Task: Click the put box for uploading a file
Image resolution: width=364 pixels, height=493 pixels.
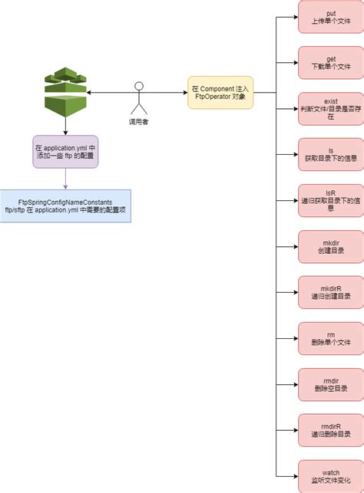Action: click(330, 17)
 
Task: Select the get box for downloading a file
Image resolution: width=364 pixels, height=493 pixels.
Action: click(330, 63)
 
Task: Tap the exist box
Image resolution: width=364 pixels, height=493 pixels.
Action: click(330, 110)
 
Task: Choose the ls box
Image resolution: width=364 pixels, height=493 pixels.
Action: click(330, 156)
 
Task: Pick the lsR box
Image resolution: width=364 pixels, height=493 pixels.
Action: click(330, 202)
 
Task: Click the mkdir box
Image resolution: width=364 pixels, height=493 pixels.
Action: click(330, 248)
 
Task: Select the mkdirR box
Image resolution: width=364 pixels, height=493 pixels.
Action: click(330, 294)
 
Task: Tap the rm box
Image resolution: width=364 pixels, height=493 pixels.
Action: click(330, 340)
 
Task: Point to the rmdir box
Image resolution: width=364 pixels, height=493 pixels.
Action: click(330, 386)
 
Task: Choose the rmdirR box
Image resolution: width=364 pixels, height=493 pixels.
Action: click(330, 432)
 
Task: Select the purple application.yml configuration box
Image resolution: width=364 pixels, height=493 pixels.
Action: click(65, 151)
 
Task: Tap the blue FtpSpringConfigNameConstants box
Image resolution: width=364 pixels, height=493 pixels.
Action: click(65, 206)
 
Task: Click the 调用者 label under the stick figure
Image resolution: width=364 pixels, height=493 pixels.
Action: click(139, 121)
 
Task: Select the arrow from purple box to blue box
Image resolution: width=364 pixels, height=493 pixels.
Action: click(65, 179)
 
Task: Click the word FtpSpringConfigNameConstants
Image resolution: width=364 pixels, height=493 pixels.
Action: click(65, 202)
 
